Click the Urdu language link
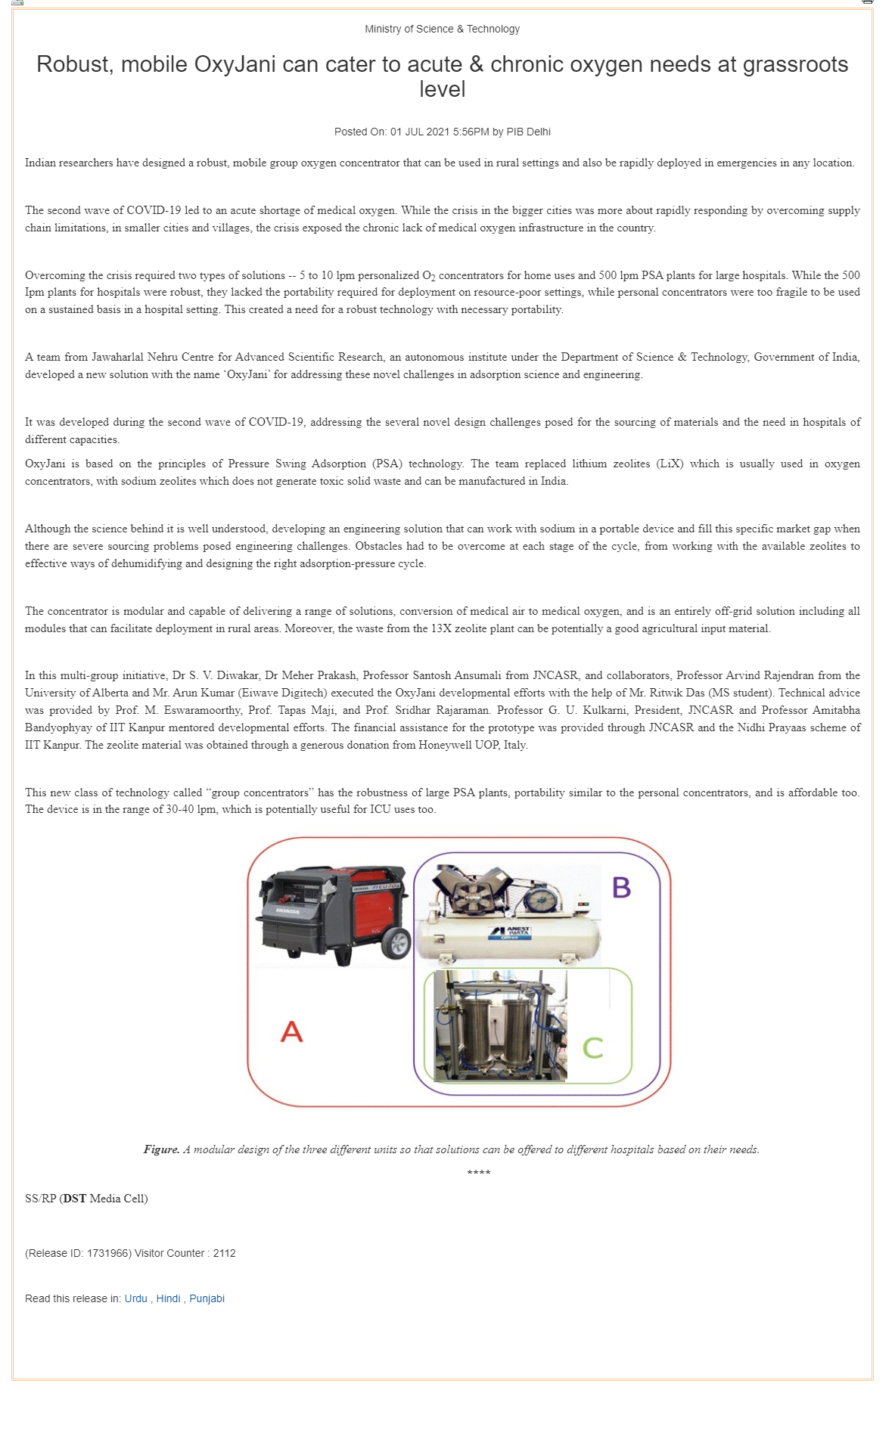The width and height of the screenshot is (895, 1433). (135, 1298)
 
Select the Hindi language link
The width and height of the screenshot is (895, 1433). (168, 1298)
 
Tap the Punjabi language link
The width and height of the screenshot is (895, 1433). (207, 1298)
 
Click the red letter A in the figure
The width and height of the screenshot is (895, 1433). (292, 1031)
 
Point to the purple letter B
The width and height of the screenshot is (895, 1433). (621, 887)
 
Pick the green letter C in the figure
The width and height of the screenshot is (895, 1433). (593, 1047)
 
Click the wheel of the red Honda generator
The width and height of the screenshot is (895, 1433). (395, 942)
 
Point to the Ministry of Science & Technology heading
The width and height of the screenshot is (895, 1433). (442, 29)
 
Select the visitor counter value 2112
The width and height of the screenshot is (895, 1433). (224, 1253)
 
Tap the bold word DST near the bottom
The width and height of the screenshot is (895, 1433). (74, 1198)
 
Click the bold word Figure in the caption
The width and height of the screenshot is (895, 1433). (161, 1149)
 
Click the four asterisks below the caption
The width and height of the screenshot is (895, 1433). (478, 1173)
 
